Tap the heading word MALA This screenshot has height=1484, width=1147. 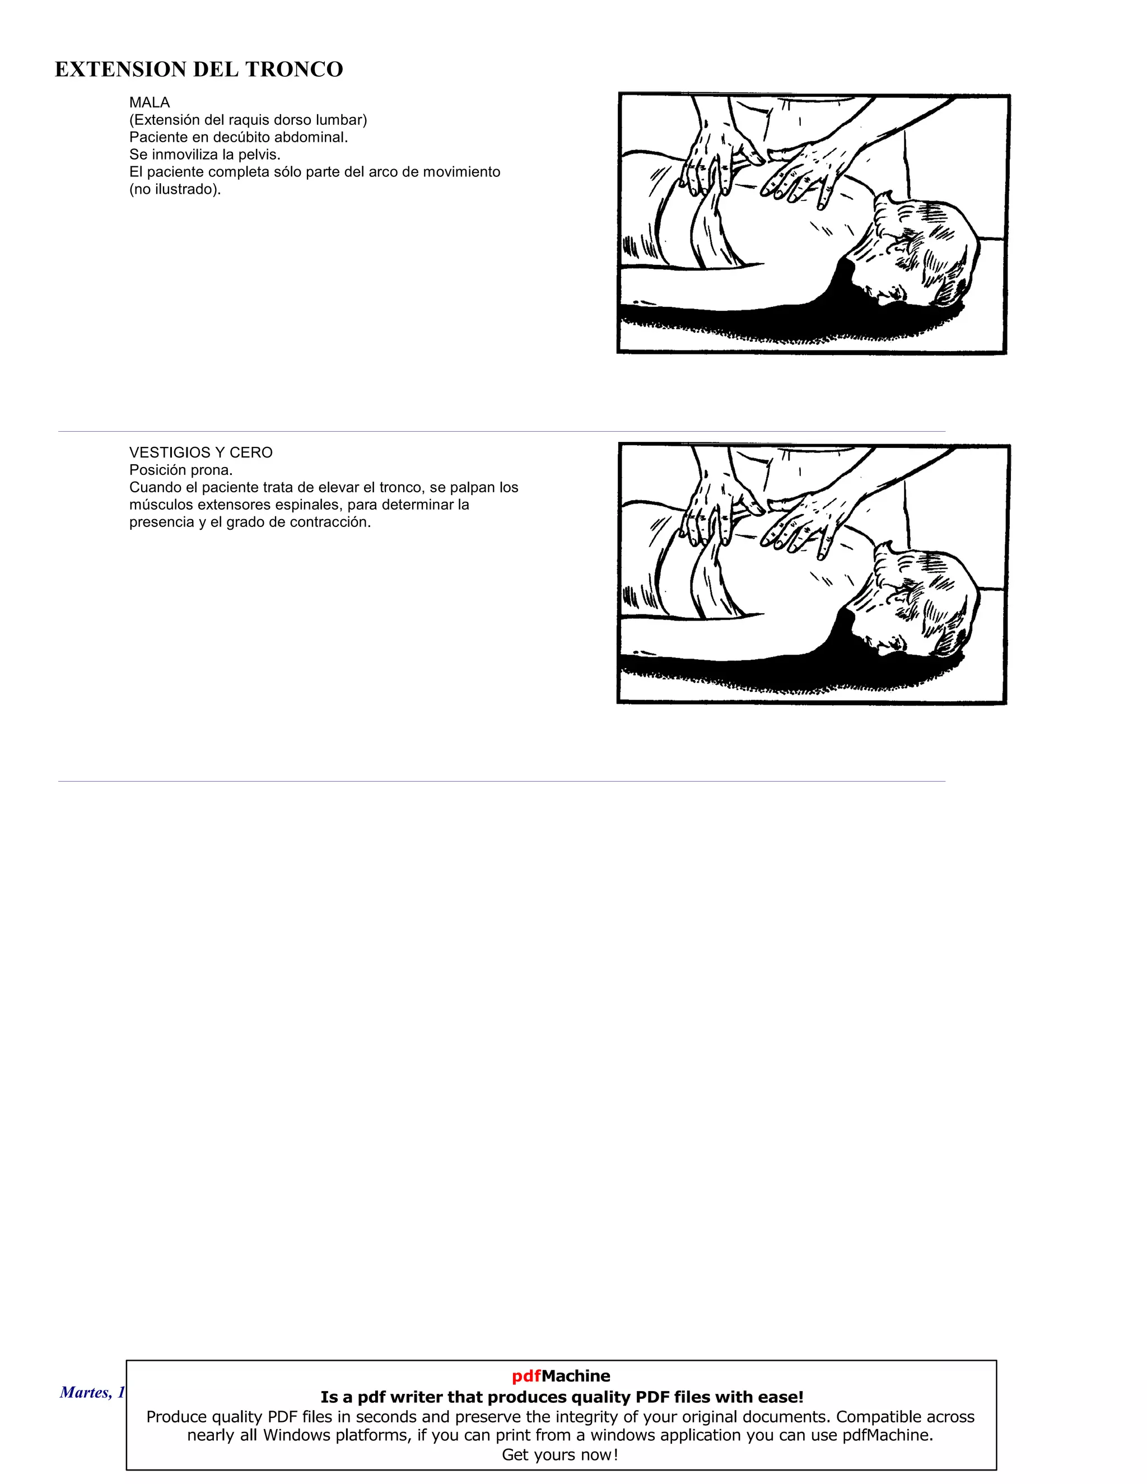pos(150,102)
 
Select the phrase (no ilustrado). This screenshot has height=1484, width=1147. pos(175,190)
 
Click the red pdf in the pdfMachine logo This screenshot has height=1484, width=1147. pos(526,1376)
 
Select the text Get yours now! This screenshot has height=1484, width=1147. pos(560,1455)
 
